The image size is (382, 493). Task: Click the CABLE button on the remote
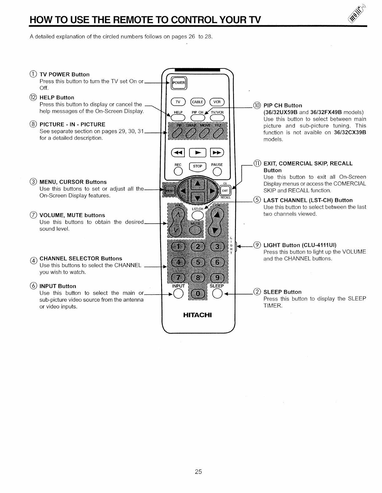pyautogui.click(x=198, y=102)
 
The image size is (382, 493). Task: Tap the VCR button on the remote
pyautogui.click(x=217, y=102)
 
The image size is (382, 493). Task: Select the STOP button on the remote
pyautogui.click(x=197, y=167)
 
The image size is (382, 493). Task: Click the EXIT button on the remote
pyautogui.click(x=225, y=190)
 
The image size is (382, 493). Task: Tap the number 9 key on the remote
pyautogui.click(x=217, y=278)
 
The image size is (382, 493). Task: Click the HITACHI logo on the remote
pyautogui.click(x=197, y=315)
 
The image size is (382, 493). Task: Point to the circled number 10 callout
pyautogui.click(x=257, y=105)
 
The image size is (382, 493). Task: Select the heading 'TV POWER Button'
pyautogui.click(x=64, y=74)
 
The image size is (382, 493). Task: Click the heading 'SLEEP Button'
pyautogui.click(x=283, y=292)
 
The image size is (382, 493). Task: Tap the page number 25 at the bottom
pyautogui.click(x=198, y=472)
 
